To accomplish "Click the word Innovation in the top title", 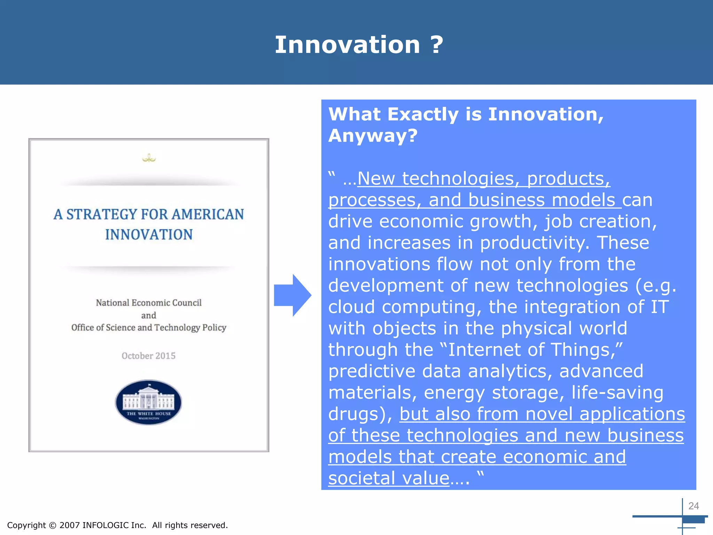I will coord(347,45).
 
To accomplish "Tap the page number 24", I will coord(694,506).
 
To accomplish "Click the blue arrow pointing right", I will coord(292,295).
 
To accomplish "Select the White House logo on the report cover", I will coord(149,402).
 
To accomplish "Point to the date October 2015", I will coord(149,356).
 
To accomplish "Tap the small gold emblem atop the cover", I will coord(149,159).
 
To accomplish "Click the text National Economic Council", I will coord(149,303).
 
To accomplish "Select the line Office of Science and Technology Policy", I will coord(149,327).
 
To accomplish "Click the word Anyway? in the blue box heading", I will coord(373,136).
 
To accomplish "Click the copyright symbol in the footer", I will coord(53,525).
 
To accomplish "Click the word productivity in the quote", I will coord(534,243).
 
